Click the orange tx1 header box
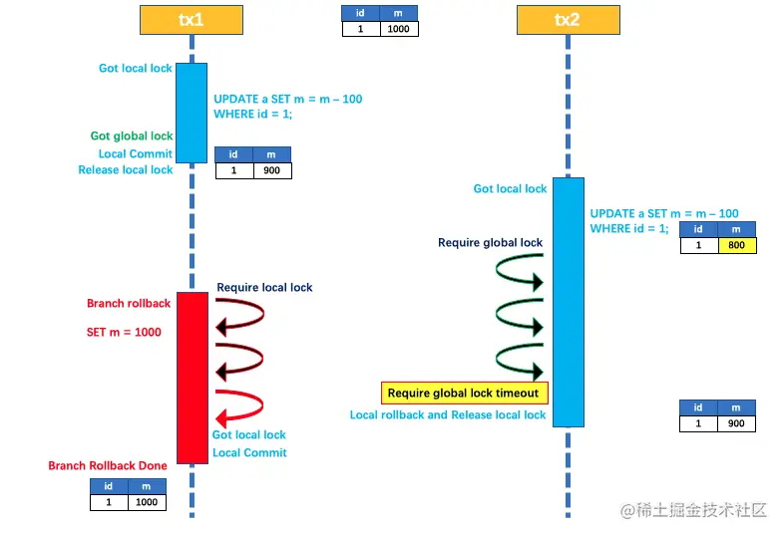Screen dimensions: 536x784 click(x=191, y=19)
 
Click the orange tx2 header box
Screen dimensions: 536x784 click(x=567, y=19)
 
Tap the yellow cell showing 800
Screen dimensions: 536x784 click(x=737, y=245)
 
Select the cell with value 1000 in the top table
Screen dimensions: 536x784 click(x=399, y=29)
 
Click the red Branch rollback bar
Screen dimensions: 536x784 click(x=192, y=377)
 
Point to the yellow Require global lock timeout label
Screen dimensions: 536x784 click(x=463, y=393)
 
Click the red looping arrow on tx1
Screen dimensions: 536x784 click(x=239, y=405)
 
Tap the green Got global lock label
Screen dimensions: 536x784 click(x=132, y=135)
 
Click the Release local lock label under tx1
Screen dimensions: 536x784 click(x=126, y=170)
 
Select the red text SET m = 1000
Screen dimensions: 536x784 click(x=124, y=332)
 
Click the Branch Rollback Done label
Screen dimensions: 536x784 click(x=108, y=466)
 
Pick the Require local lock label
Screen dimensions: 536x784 click(x=264, y=288)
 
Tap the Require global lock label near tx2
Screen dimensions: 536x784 click(x=491, y=243)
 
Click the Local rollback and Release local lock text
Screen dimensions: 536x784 click(x=448, y=415)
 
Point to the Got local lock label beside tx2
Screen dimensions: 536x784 click(x=510, y=189)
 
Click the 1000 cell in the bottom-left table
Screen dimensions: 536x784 click(x=147, y=502)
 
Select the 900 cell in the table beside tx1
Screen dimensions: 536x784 click(x=271, y=170)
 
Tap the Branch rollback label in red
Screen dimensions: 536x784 click(x=129, y=304)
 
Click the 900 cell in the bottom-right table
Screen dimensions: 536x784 click(x=737, y=423)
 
